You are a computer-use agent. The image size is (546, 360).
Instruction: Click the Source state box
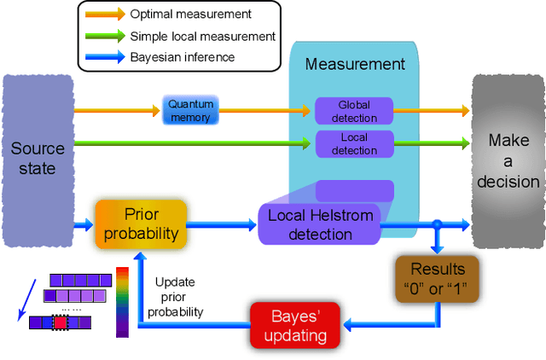[38, 159]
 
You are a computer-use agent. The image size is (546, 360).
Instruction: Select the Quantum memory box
[190, 110]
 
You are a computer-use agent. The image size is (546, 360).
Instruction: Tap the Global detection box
[354, 110]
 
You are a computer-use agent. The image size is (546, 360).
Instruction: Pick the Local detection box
[354, 143]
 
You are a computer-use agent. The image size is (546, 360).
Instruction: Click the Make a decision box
[508, 160]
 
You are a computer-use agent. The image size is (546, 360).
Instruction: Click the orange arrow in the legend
[103, 15]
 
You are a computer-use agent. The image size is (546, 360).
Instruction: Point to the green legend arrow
[103, 36]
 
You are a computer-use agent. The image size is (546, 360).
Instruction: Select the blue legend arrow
[103, 57]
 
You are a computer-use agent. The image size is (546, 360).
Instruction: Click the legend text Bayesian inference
[183, 57]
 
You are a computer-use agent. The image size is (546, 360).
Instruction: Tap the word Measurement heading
[355, 64]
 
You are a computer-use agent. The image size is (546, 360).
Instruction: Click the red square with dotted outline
[60, 322]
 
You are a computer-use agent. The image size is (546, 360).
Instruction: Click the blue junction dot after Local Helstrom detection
[436, 225]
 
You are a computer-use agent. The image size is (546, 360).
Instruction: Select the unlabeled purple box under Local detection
[354, 190]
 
